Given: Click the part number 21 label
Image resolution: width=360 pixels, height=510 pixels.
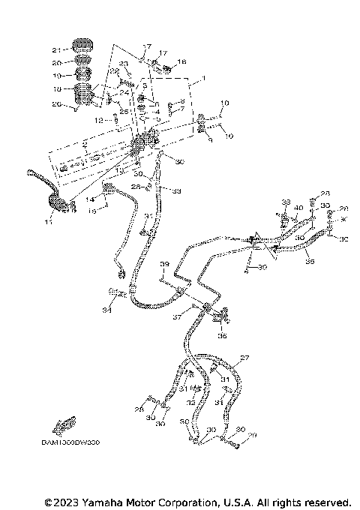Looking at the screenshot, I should pyautogui.click(x=56, y=49).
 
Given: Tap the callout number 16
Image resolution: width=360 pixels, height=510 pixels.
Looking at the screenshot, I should pyautogui.click(x=181, y=61).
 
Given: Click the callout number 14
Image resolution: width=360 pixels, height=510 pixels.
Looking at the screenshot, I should pyautogui.click(x=88, y=199).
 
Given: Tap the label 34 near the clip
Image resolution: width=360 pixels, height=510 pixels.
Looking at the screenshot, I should pyautogui.click(x=107, y=309).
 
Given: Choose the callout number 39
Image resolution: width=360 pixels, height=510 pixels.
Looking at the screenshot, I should pyautogui.click(x=164, y=265).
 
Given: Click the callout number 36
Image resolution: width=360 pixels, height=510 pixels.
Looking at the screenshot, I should pyautogui.click(x=222, y=336).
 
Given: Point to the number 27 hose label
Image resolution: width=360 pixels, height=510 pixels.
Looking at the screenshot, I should pyautogui.click(x=244, y=358).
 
